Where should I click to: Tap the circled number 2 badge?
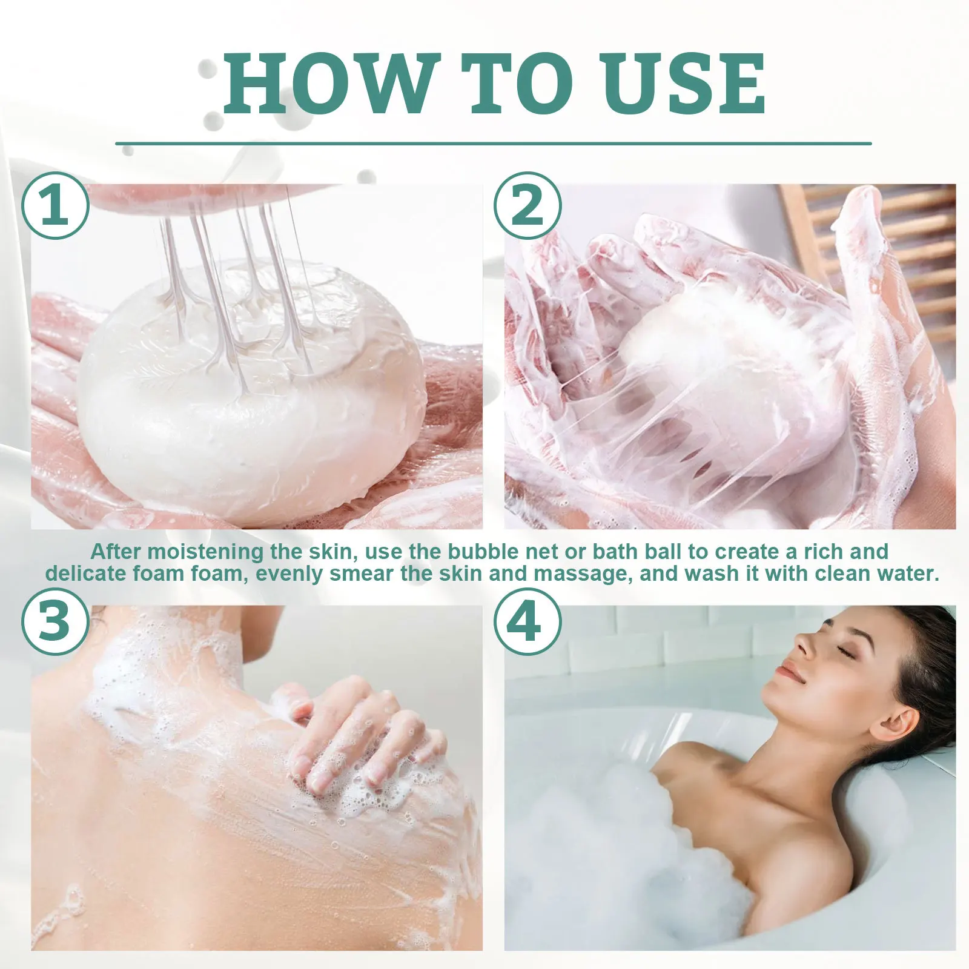[x=527, y=207]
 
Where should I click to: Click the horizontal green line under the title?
[x=493, y=144]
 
